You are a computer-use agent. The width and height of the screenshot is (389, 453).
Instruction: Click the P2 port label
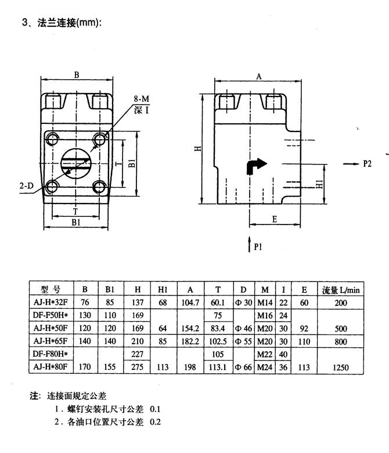click(x=367, y=164)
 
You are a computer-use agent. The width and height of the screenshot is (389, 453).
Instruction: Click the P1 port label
click(x=258, y=247)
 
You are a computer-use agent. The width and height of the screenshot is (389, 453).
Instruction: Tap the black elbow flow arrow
click(x=256, y=166)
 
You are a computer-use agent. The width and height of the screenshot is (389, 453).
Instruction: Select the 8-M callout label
click(x=142, y=100)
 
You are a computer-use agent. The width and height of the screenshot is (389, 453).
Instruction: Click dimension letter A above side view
click(x=260, y=76)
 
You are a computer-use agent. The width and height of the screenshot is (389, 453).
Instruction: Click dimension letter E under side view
click(x=274, y=219)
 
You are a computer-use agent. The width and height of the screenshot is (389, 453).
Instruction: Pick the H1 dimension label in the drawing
click(x=319, y=183)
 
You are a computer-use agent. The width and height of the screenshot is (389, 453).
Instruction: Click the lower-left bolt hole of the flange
click(x=51, y=187)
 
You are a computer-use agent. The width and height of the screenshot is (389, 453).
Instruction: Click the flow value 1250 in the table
click(x=342, y=368)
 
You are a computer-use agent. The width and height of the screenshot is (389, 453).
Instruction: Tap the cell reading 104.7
click(x=190, y=302)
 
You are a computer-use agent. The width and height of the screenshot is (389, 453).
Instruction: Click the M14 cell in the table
click(x=265, y=302)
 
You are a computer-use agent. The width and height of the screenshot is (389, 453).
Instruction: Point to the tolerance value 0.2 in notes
click(x=156, y=422)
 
